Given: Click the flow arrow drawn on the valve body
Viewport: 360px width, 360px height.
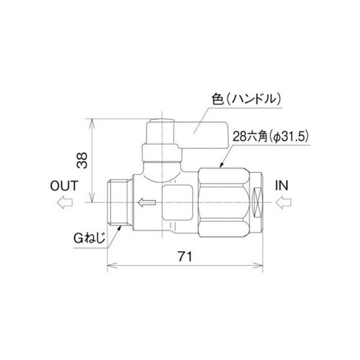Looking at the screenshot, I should click(x=145, y=204).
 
